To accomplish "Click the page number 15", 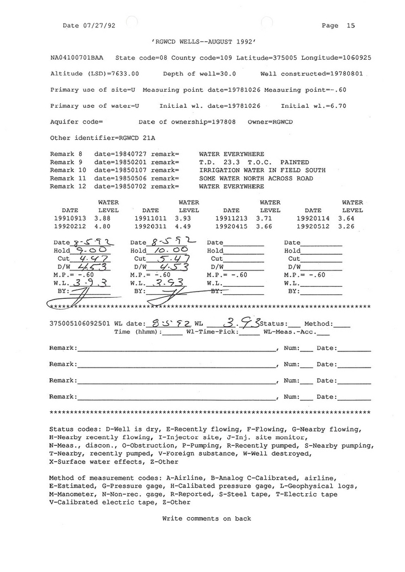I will tap(350, 25).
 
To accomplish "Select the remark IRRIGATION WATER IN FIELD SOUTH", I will tap(262, 170).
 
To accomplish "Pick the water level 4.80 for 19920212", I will tap(104, 227).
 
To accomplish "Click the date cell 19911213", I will tap(232, 218).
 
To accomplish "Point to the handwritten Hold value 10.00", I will tap(166, 251).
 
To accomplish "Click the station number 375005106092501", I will tap(80, 323).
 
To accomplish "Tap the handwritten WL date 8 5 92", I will tap(162, 323).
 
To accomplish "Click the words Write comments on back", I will tap(206, 518).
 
